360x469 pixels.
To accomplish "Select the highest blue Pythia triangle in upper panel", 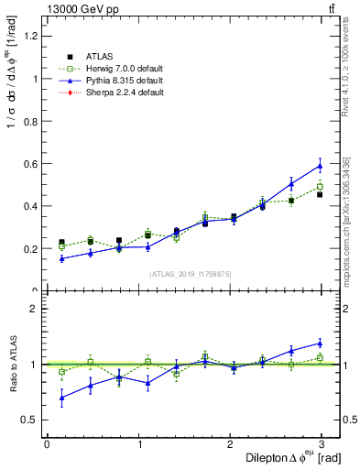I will pos(320,166).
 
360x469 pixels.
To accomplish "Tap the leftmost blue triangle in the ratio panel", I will pos(61,398).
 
